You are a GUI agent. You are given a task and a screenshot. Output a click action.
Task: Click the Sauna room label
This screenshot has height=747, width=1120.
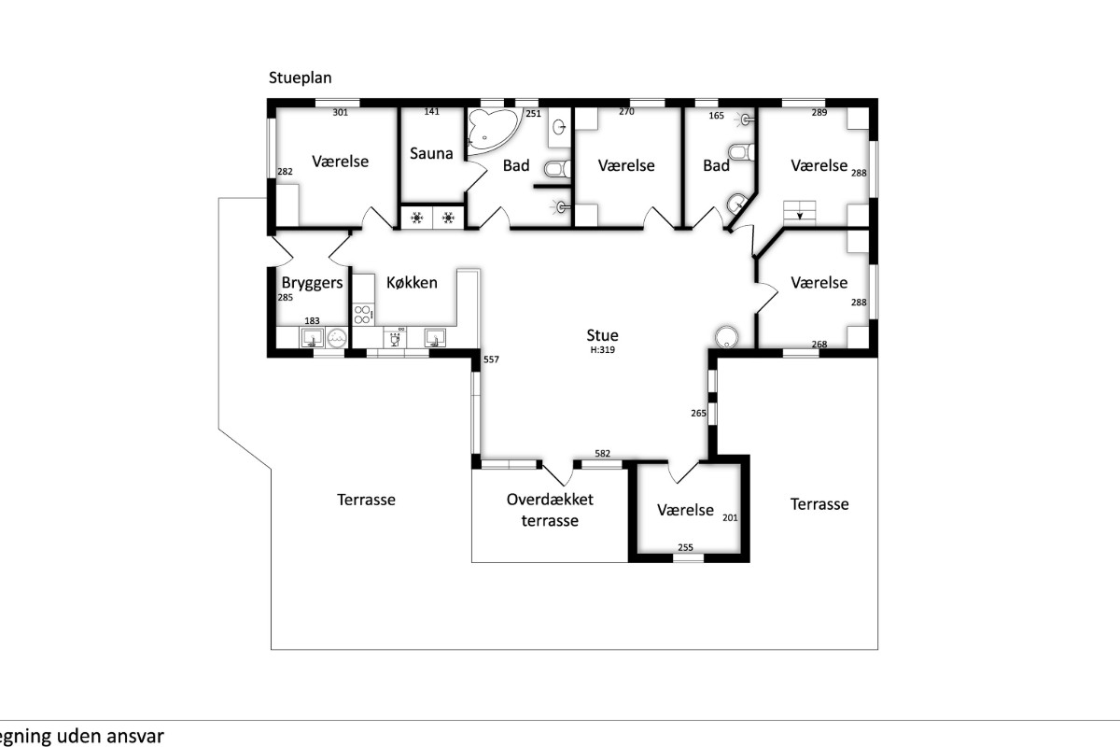tap(431, 153)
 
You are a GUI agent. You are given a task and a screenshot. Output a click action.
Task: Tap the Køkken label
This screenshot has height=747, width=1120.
tap(412, 283)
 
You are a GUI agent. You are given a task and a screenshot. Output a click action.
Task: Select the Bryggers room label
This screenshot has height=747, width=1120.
tap(312, 283)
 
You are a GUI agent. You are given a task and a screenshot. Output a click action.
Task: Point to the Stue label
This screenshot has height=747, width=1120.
tap(603, 335)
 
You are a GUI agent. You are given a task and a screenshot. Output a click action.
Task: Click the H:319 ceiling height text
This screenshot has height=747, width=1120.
tap(603, 350)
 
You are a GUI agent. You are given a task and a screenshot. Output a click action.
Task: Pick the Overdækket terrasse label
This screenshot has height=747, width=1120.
tap(550, 510)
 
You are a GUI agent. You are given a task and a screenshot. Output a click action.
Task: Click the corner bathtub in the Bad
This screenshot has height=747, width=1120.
tap(493, 131)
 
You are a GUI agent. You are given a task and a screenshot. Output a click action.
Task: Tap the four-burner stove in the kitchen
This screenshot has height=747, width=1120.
tap(362, 315)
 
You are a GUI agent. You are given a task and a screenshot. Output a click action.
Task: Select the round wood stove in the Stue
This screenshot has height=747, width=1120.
tap(726, 337)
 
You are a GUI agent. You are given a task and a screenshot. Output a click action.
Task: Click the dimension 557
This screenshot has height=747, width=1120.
tap(491, 359)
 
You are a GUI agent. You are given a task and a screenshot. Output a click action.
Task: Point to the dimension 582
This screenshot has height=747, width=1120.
tap(603, 453)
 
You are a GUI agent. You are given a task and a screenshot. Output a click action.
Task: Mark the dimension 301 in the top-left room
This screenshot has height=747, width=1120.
tap(340, 113)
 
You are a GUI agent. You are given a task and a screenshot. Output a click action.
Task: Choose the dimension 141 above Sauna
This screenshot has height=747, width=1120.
tap(431, 111)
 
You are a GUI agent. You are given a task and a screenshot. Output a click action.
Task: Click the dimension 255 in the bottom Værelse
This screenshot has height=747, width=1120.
tap(685, 547)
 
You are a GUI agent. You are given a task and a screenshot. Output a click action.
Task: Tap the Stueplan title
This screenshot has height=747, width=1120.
tap(300, 78)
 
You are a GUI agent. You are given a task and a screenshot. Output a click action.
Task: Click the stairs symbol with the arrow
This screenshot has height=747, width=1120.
tap(800, 213)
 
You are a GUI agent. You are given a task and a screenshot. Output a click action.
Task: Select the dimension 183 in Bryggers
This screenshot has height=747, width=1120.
tap(312, 320)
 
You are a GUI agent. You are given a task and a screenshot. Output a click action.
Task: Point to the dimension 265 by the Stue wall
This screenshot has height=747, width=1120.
tap(698, 414)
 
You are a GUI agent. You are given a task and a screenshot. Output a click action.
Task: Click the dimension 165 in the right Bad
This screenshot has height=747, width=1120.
tap(717, 116)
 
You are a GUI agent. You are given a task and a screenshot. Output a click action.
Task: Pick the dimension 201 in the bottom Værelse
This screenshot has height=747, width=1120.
tap(730, 518)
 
